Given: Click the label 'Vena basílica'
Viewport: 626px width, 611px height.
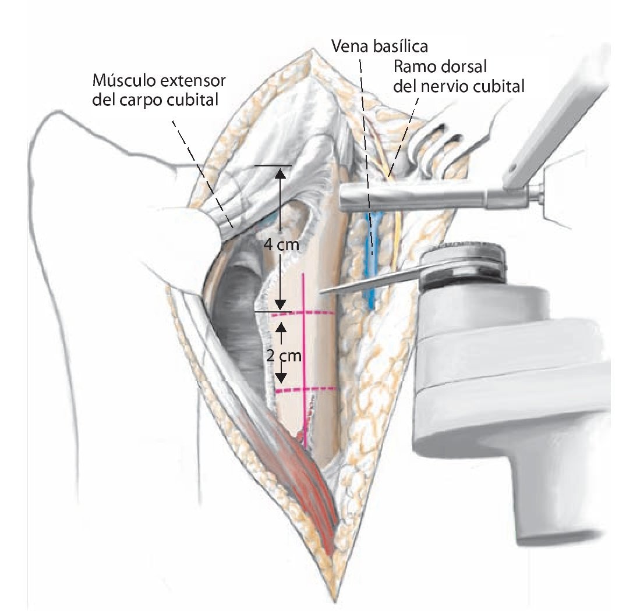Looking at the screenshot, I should click(x=379, y=45).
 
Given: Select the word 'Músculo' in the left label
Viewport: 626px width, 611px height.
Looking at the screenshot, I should click(x=119, y=79).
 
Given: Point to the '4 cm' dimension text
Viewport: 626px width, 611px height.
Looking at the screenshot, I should click(x=281, y=245).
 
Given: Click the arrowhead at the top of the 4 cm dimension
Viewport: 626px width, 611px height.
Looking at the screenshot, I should click(x=281, y=172).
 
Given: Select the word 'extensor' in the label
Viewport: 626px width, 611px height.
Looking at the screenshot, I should click(x=188, y=79).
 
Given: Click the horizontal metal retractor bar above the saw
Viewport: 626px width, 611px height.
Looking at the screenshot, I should click(x=419, y=197).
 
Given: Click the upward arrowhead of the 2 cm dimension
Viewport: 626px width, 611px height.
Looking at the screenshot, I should click(x=281, y=326).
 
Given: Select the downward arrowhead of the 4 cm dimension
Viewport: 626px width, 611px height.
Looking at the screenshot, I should click(x=281, y=304).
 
